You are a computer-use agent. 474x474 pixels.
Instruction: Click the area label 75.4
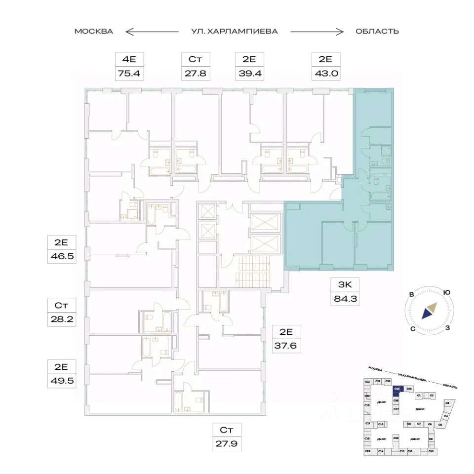pyautogui.click(x=129, y=74)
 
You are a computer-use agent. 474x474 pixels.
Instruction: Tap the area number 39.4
pyautogui.click(x=249, y=74)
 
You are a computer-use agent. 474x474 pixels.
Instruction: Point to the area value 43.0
pyautogui.click(x=325, y=74)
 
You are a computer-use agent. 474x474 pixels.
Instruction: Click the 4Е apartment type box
pyautogui.click(x=129, y=60)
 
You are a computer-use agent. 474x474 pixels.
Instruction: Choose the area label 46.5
pyautogui.click(x=61, y=257)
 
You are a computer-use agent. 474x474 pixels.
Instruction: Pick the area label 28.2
pyautogui.click(x=61, y=318)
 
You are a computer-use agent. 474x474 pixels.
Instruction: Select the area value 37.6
pyautogui.click(x=287, y=345)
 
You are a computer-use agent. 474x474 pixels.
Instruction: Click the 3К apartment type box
pyautogui.click(x=344, y=284)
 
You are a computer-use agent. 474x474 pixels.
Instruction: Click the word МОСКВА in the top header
pyautogui.click(x=94, y=31)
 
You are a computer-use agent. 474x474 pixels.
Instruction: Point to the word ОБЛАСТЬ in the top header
pyautogui.click(x=377, y=31)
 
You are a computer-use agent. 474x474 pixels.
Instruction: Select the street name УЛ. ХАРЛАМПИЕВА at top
pyautogui.click(x=235, y=31)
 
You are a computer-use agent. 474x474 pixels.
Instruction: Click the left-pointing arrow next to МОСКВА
pyautogui.click(x=151, y=32)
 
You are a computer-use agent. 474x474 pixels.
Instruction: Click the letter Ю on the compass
pyautogui.click(x=447, y=292)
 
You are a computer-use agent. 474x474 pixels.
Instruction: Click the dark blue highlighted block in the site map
pyautogui.click(x=396, y=389)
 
